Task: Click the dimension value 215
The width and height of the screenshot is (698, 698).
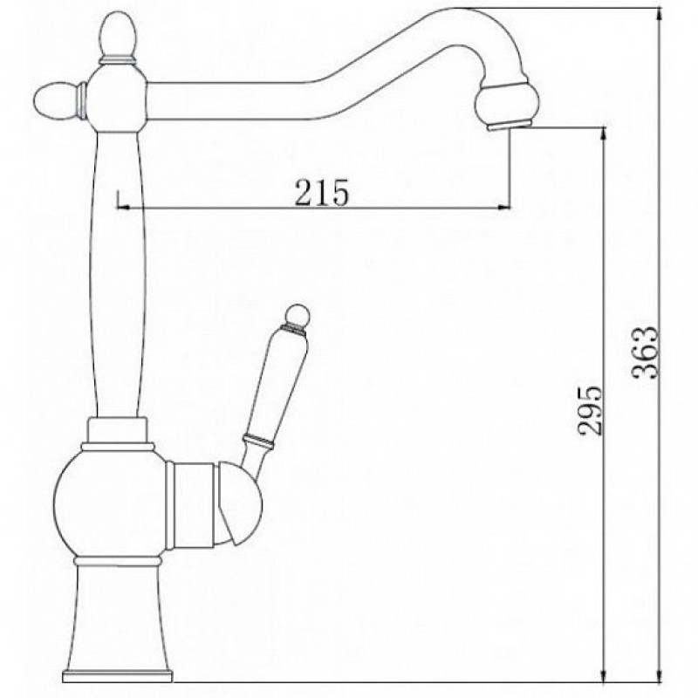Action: [x=322, y=192]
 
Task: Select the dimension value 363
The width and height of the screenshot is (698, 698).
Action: [x=645, y=352]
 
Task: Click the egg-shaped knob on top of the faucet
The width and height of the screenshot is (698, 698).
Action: [x=117, y=33]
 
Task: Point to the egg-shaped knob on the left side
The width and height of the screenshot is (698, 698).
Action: [x=56, y=101]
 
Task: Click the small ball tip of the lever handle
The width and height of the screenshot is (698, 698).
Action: [x=298, y=315]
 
